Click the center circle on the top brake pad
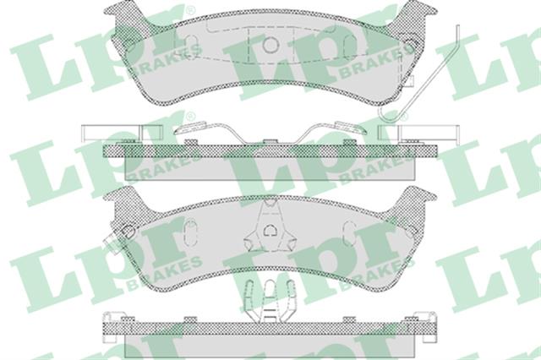point(270,45)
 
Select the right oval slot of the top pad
point(351,46)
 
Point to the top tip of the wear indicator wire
point(458,26)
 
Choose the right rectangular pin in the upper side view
point(418,133)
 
